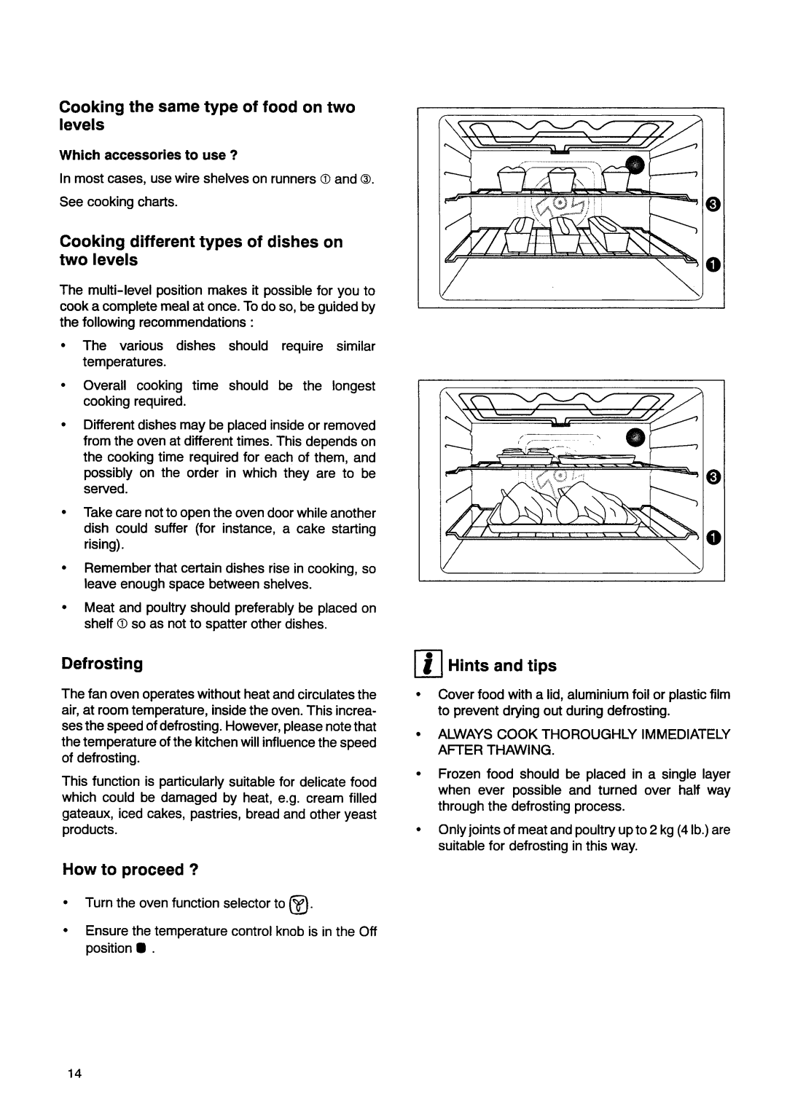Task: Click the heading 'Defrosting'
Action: pos(102,664)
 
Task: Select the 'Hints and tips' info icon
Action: pos(431,665)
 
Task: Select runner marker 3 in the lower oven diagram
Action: pos(713,478)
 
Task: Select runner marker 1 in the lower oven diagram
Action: pos(713,538)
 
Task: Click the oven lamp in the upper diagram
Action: pos(635,165)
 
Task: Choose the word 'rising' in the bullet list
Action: pos(102,545)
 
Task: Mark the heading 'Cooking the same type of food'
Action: pos(207,108)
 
